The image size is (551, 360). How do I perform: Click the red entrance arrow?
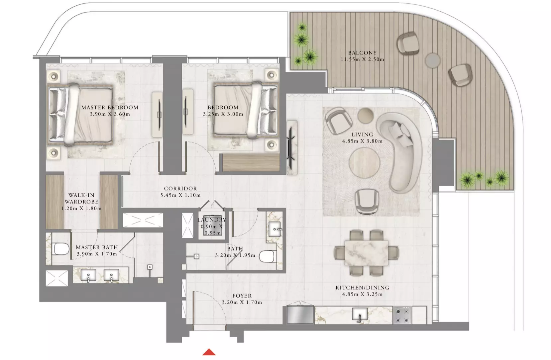point(209,352)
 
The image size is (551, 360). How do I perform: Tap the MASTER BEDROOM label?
point(110,107)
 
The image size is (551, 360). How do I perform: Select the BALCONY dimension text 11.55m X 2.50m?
point(362,59)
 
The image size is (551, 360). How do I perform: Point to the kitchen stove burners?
point(402,315)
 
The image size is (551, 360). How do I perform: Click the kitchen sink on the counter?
point(360,314)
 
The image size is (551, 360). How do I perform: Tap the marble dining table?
point(366,253)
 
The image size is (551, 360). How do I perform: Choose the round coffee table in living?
point(365,163)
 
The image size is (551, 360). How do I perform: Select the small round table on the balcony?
point(433,60)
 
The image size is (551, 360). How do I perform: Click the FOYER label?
point(242,296)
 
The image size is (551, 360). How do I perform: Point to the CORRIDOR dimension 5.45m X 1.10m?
point(180,195)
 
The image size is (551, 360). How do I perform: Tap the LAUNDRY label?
point(212,220)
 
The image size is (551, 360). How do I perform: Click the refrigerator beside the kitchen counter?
point(300,315)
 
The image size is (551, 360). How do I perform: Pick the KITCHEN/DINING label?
point(362,288)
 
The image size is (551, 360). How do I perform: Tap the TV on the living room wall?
point(291,147)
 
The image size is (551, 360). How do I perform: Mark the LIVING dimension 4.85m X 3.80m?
point(362,141)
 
